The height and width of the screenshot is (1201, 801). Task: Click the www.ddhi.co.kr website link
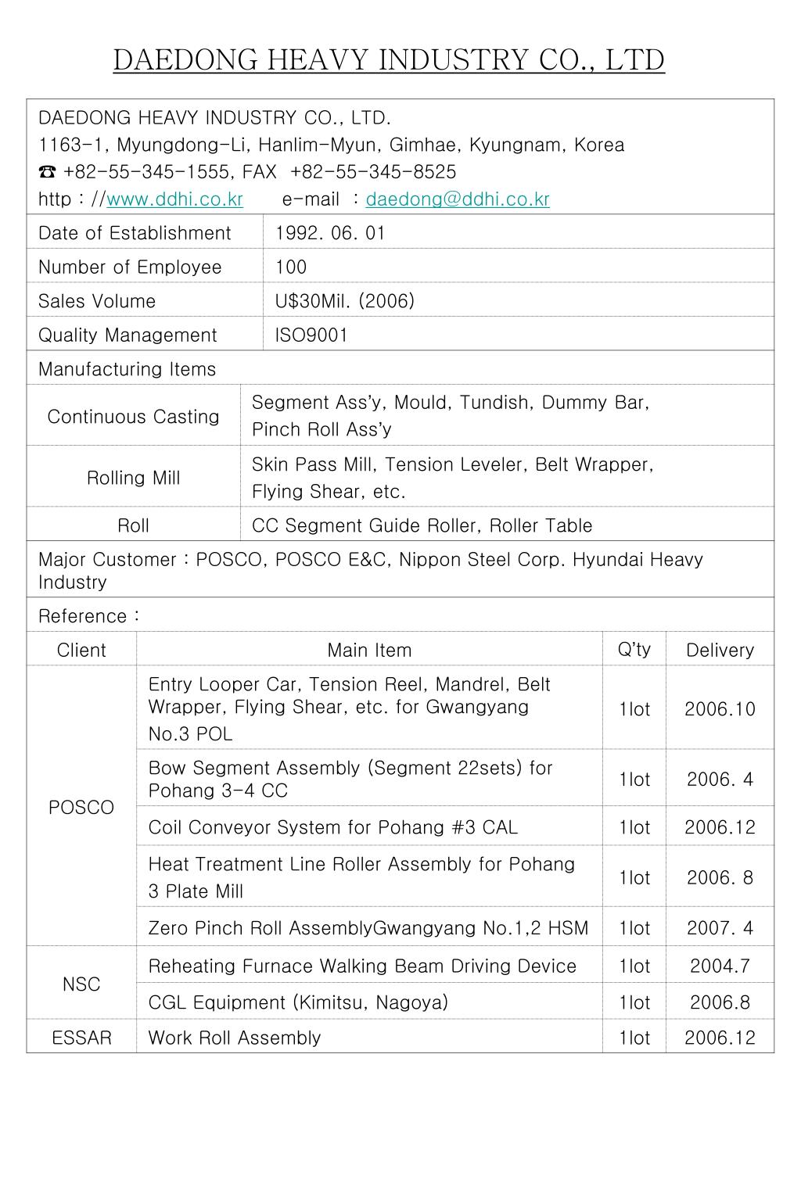[174, 199]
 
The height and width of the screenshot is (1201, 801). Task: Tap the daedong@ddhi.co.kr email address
[458, 199]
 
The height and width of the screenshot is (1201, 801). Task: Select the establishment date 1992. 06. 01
[330, 233]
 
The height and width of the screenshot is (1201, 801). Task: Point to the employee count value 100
[291, 267]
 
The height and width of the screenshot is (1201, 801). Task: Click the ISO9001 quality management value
[311, 335]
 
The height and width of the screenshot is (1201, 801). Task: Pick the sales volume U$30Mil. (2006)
[344, 301]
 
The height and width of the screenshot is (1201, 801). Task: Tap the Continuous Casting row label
[133, 417]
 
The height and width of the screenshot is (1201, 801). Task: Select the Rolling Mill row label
[133, 478]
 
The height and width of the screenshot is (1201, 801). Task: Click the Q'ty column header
[634, 649]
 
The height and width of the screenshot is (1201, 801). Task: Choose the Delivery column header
[720, 650]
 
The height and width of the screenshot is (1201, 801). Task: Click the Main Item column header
[369, 650]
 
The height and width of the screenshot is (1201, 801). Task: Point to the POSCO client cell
[81, 808]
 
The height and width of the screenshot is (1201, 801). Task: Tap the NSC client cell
[81, 984]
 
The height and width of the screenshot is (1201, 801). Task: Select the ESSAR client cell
[81, 1038]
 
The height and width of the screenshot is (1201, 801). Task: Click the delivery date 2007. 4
[720, 928]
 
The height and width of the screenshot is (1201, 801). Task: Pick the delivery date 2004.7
[720, 966]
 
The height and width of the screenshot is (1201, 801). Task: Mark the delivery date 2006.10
[720, 709]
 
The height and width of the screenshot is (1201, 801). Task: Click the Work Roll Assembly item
[235, 1038]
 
